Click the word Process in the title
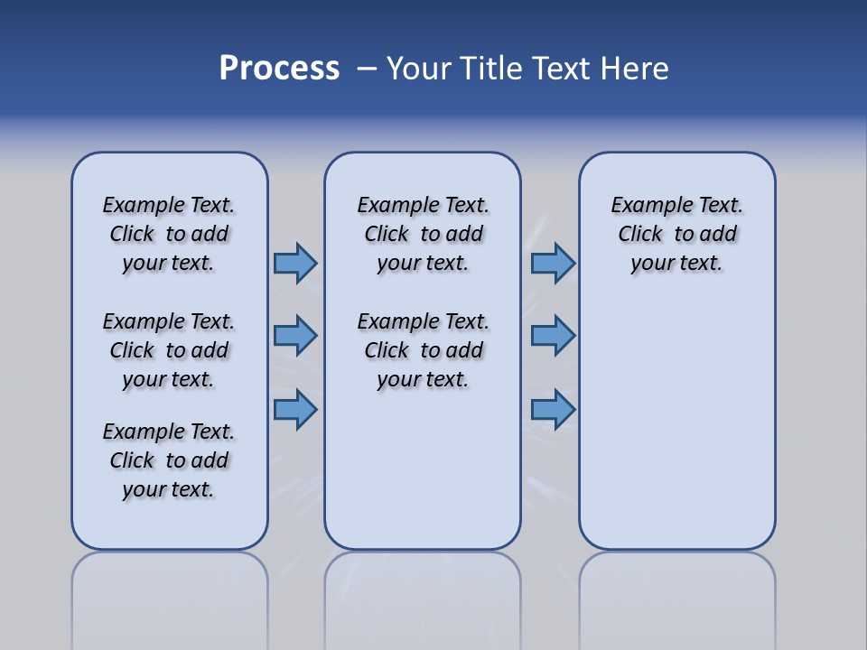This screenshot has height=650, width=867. point(279,68)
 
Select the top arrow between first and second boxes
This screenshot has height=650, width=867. point(295,263)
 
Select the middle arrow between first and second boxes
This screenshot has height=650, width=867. point(295,336)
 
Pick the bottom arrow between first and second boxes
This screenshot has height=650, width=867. point(295,409)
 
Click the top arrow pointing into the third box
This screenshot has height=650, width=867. point(553,263)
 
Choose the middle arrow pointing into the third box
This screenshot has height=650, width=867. point(553,336)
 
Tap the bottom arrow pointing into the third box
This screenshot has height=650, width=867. point(553,409)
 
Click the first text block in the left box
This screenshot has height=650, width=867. point(169,234)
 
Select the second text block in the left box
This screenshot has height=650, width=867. point(169,350)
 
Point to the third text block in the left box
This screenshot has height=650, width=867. point(169,460)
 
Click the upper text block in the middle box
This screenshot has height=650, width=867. point(423,234)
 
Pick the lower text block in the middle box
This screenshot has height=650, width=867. point(423,350)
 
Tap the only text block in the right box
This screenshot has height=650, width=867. point(676,234)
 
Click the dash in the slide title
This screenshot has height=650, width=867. point(367,69)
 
